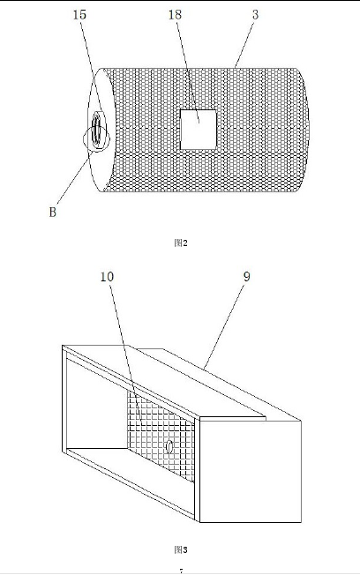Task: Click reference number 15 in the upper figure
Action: [79, 15]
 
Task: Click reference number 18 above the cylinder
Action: [175, 15]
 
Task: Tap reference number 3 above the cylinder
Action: [255, 15]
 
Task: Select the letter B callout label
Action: [52, 212]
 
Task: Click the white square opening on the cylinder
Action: [199, 130]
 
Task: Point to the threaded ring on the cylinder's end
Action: [98, 131]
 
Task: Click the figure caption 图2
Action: [181, 243]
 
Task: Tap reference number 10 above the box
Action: [107, 277]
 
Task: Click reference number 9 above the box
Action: [246, 277]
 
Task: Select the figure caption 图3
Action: [181, 549]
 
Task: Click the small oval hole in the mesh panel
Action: [169, 446]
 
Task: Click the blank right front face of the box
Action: [251, 471]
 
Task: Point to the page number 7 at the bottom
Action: [181, 571]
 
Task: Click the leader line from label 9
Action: [223, 325]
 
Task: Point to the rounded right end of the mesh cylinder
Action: [304, 130]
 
